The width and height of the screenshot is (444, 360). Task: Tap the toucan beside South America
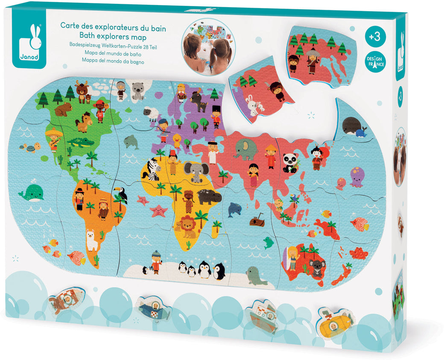pyautogui.click(x=122, y=196)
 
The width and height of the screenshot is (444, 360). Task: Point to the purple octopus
pyautogui.click(x=357, y=177)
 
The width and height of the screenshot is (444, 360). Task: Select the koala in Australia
pyautogui.click(x=317, y=268)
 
